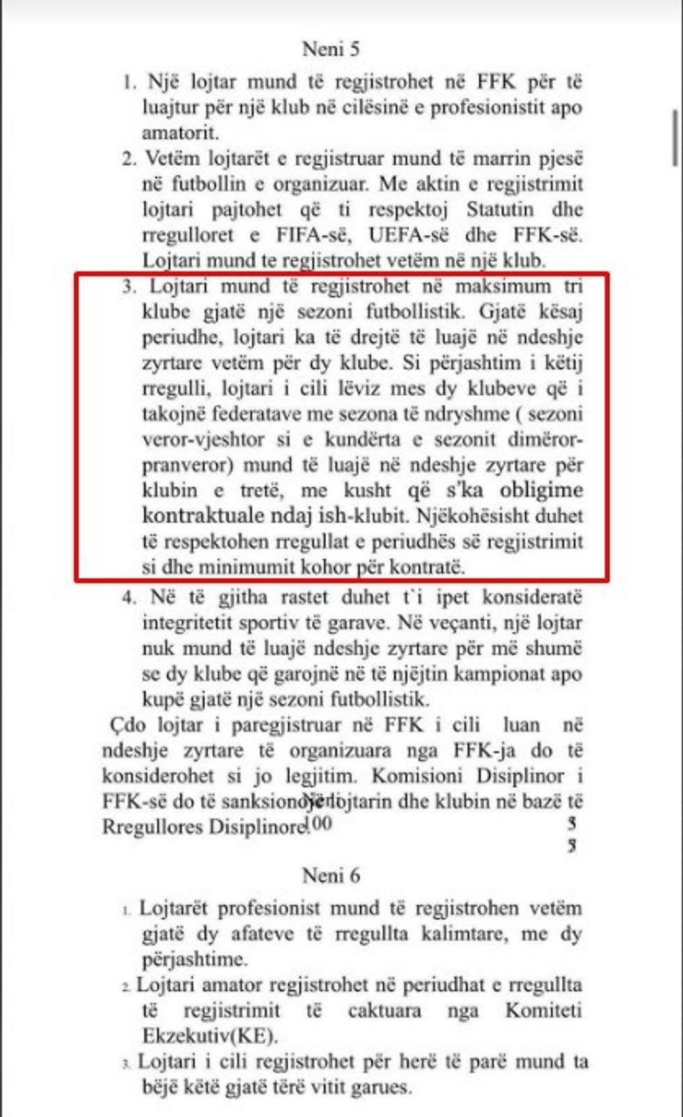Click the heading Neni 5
coord(331,49)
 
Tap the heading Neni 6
coord(331,875)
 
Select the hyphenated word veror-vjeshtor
coord(204,440)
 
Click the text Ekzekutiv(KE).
coord(210,1036)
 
